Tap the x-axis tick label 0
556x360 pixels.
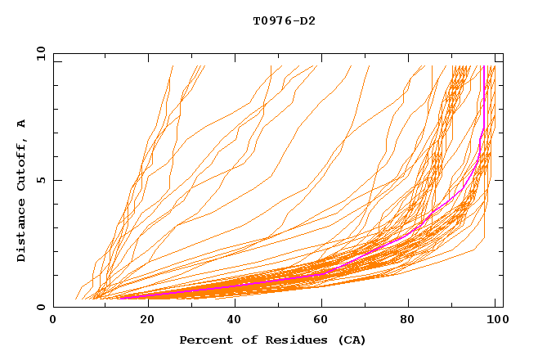click(x=53, y=320)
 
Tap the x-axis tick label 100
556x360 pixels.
click(x=495, y=320)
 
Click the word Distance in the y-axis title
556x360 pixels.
click(x=22, y=230)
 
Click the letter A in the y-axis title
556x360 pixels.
click(x=22, y=124)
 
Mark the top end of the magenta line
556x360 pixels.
click(x=484, y=67)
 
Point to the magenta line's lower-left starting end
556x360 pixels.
click(x=120, y=298)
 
